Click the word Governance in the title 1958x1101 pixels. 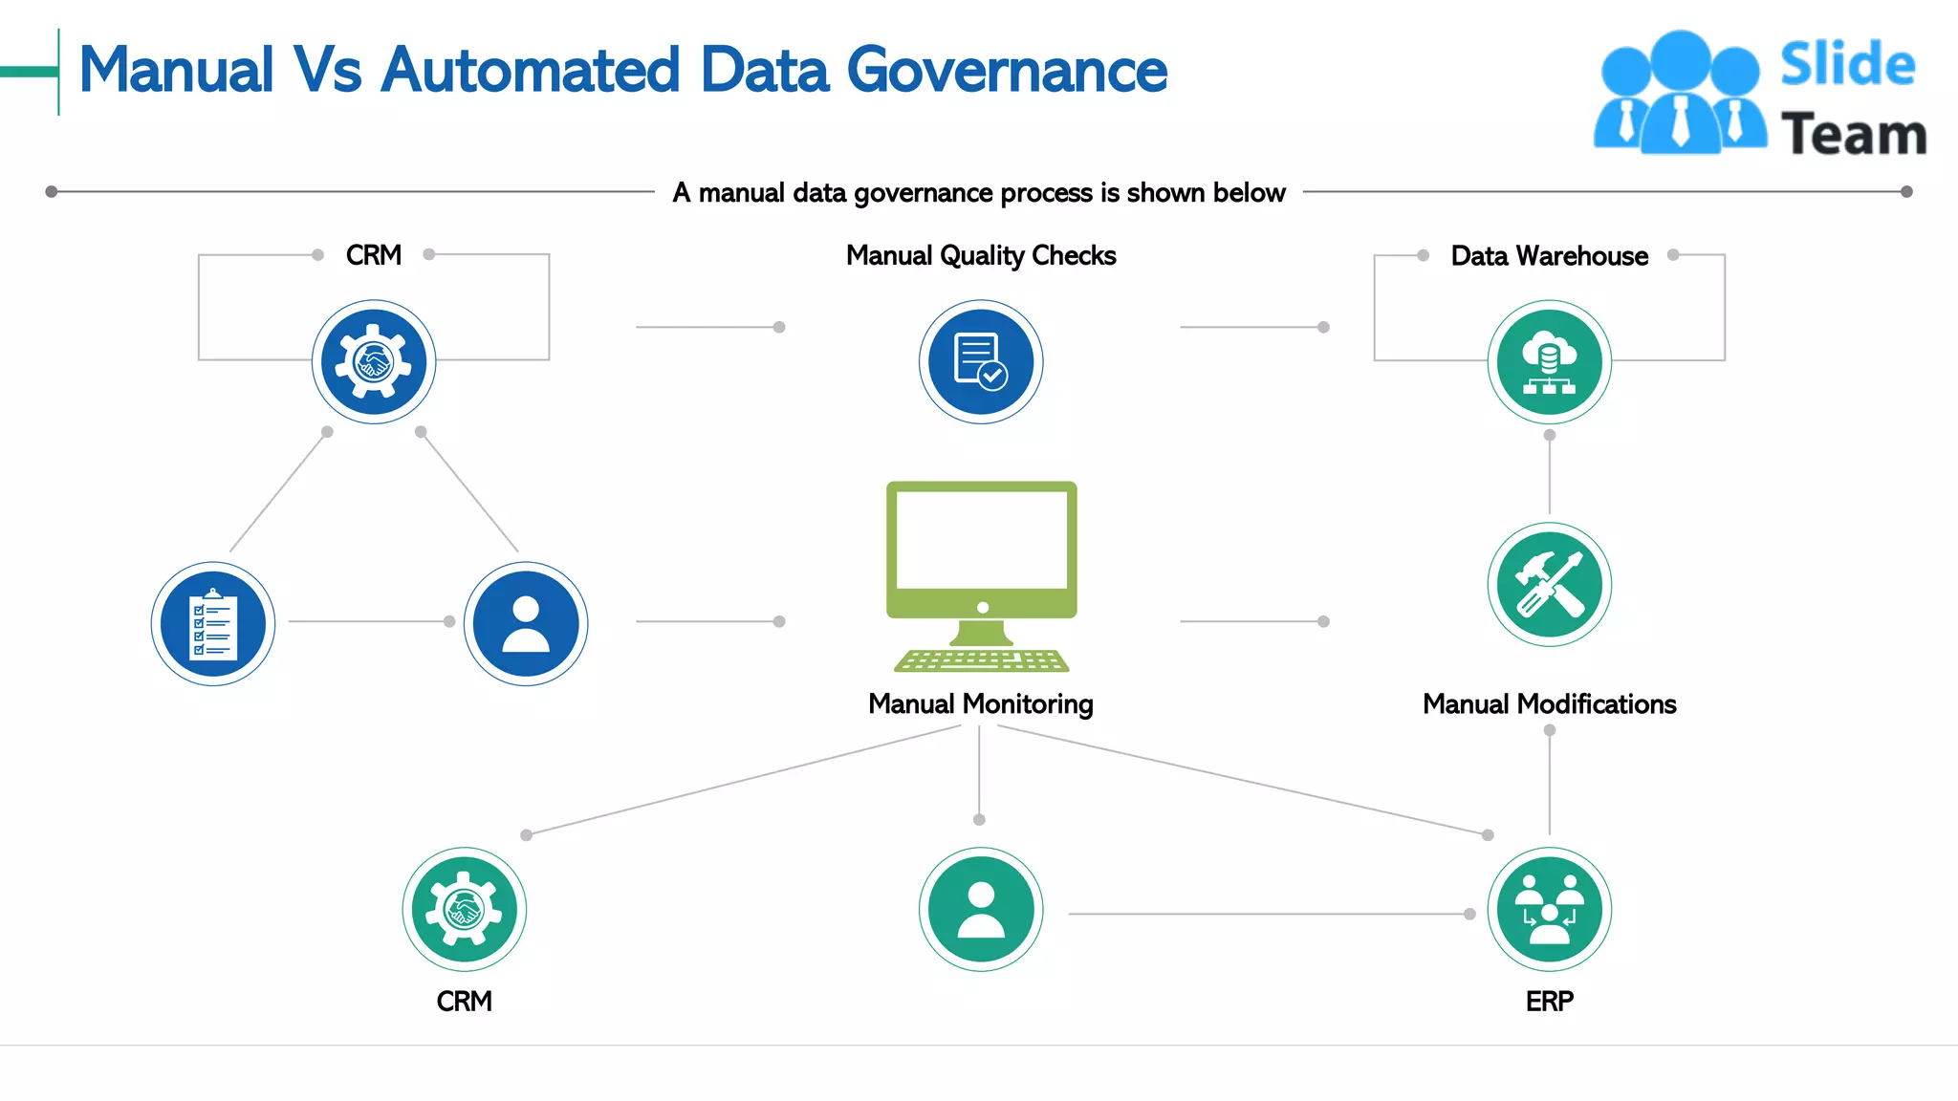click(x=1006, y=71)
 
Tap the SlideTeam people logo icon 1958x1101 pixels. click(x=1679, y=94)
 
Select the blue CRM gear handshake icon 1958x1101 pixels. click(x=374, y=362)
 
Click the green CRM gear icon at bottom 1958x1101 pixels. click(x=465, y=909)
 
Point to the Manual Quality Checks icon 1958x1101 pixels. click(x=981, y=362)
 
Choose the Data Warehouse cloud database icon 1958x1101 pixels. click(x=1549, y=362)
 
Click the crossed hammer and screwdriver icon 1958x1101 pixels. click(x=1549, y=585)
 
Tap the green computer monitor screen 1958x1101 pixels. click(x=982, y=541)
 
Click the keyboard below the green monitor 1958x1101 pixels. click(x=982, y=660)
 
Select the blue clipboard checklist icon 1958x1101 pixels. click(x=213, y=624)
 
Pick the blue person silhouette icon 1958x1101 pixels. click(x=526, y=624)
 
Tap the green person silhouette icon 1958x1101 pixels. click(x=981, y=909)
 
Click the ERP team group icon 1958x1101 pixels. click(x=1549, y=909)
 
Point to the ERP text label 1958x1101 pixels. click(x=1549, y=1001)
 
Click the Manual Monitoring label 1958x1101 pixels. click(x=981, y=704)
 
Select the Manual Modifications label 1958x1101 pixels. click(x=1549, y=704)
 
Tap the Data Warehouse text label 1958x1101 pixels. click(x=1549, y=256)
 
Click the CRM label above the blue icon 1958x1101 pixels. click(x=374, y=255)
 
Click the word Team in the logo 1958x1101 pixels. click(x=1853, y=134)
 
